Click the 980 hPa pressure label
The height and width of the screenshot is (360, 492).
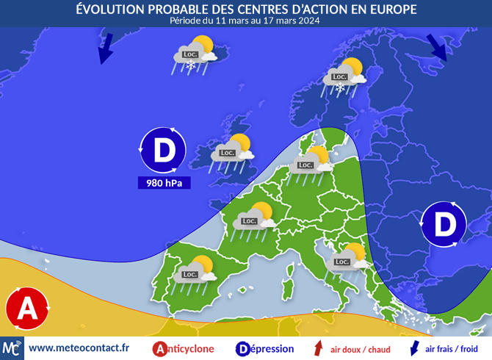[x=164, y=182]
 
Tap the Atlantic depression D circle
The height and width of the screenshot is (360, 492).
[x=164, y=150]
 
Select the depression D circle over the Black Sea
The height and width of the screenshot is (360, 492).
[x=444, y=224]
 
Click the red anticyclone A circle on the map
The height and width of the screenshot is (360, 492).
[x=27, y=307]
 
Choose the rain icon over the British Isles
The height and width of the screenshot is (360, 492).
[x=231, y=154]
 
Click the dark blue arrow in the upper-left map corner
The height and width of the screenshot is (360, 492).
[x=105, y=50]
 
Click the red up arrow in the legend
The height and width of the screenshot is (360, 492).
[x=318, y=349]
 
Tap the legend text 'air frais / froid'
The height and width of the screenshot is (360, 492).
[x=451, y=349]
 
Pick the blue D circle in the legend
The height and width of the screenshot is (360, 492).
[x=242, y=349]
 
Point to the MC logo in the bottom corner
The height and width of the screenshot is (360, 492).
[x=12, y=348]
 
